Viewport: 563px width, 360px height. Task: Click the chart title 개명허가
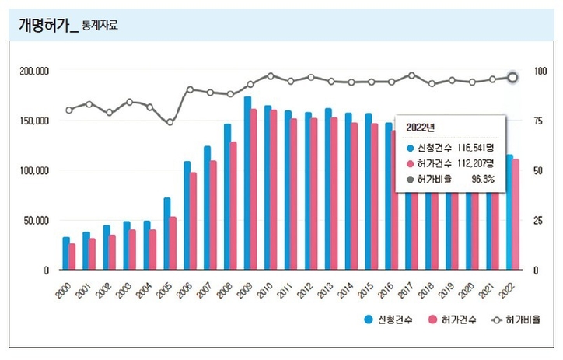pos(45,26)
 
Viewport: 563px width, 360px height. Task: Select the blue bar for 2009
pos(247,183)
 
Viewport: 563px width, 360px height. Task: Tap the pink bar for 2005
pos(173,243)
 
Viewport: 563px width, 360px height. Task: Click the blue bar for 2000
pos(66,253)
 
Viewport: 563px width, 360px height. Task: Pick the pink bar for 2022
pos(515,214)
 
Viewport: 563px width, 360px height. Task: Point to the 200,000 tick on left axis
pos(34,71)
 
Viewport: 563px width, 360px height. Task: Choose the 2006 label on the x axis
pos(184,292)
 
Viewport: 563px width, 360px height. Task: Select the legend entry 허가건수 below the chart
pos(451,320)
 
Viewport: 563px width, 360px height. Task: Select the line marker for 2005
pos(170,122)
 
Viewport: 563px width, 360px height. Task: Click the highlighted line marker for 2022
pos(512,77)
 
